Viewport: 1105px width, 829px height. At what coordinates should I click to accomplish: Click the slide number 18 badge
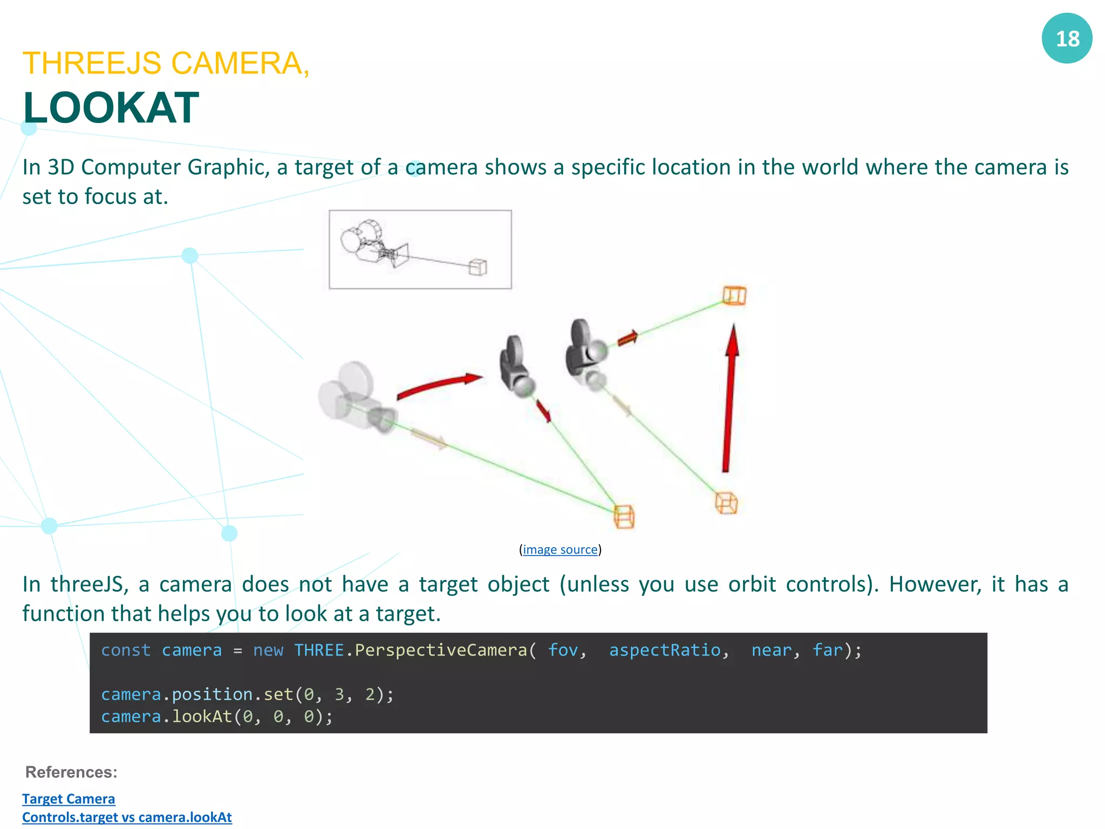(x=1067, y=38)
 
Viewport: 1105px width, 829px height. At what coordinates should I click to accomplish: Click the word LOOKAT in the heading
(x=111, y=108)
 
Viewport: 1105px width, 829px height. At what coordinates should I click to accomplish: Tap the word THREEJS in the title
(x=92, y=63)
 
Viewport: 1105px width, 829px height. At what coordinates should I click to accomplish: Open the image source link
(x=560, y=549)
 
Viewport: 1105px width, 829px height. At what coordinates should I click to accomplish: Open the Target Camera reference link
(x=69, y=798)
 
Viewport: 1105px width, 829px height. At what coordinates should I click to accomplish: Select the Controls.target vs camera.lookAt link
(x=127, y=817)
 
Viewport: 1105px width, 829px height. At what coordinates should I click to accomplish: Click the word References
(x=71, y=772)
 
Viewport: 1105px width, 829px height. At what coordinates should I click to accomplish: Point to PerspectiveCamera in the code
(x=441, y=650)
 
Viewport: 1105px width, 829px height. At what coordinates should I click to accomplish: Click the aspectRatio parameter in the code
(x=665, y=650)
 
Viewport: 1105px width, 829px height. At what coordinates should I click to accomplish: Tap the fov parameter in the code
(x=563, y=650)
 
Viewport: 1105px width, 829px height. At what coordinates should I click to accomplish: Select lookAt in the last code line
(x=202, y=716)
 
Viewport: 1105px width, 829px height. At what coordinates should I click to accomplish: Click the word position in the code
(x=212, y=694)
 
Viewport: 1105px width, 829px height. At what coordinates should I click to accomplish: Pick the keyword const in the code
(x=126, y=650)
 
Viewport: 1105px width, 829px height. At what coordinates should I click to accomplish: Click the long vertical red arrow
(x=729, y=399)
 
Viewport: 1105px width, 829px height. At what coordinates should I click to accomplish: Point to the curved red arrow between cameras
(x=438, y=384)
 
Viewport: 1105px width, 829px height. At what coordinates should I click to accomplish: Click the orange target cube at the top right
(x=734, y=296)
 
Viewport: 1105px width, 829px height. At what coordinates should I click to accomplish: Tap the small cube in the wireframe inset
(x=478, y=267)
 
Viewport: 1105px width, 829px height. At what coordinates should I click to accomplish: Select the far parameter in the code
(x=827, y=650)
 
